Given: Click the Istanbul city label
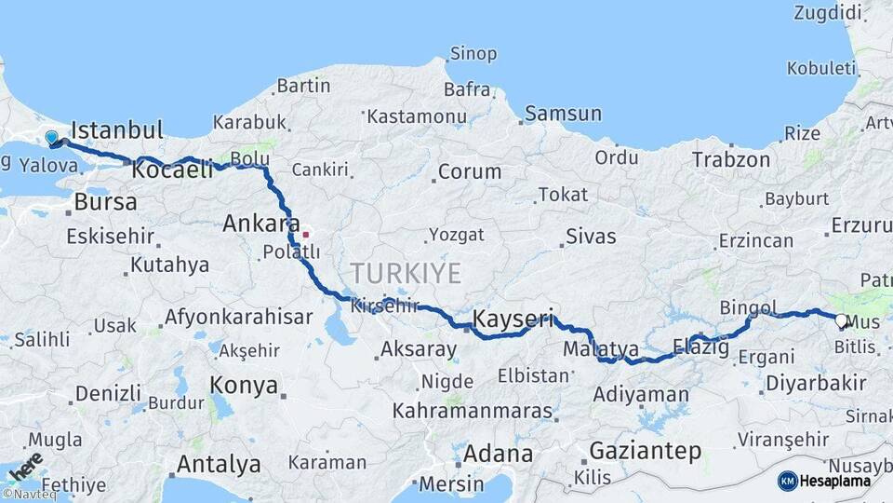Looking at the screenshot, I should (116, 129).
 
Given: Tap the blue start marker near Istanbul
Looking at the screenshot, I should (51, 138).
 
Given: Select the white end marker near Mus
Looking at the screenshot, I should (841, 321).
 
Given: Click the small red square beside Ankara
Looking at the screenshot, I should (304, 233).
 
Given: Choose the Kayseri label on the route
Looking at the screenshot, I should (513, 319).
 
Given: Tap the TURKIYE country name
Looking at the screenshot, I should (406, 273).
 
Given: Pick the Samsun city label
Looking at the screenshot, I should (563, 114).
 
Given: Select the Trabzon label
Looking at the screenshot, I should (730, 159).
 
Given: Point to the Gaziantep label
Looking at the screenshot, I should (645, 451).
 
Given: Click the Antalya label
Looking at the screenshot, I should (219, 463).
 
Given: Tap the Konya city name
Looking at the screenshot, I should (244, 385).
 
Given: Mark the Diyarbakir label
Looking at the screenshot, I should (816, 383).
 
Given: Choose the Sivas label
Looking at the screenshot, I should (591, 236).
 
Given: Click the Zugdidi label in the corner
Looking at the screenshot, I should (829, 12).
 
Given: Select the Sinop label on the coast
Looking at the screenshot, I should (473, 53).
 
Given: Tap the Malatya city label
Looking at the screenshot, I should (601, 349).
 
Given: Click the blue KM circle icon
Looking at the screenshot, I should (787, 481).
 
